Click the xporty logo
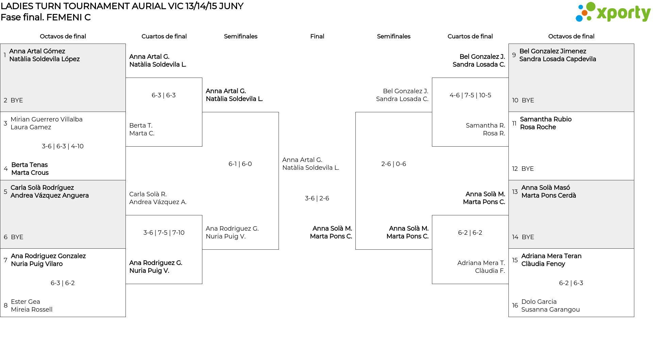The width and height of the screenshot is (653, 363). tap(613, 12)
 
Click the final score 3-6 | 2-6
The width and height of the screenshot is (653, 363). tap(317, 198)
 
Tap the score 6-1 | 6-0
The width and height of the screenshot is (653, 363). tap(240, 164)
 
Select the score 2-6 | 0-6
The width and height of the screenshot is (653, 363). tap(394, 164)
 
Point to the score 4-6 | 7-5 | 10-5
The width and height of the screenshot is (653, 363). tap(470, 95)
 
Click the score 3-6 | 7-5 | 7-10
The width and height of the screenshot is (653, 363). tap(164, 233)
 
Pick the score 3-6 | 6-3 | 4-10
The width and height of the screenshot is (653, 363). tap(63, 146)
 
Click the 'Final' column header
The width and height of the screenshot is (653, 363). tap(317, 36)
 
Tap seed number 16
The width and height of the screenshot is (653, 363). tap(515, 306)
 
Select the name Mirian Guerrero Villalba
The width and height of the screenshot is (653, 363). tap(47, 119)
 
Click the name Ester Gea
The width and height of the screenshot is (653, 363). tap(26, 302)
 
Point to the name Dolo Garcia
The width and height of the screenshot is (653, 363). tap(539, 302)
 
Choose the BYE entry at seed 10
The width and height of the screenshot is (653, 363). tap(528, 100)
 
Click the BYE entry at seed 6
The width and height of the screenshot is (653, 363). tap(17, 237)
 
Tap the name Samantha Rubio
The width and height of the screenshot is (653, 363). tap(546, 119)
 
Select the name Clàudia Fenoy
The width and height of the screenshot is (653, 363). tap(543, 264)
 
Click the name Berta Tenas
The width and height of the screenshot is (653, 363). tap(30, 165)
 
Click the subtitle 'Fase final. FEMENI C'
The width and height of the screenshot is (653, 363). tap(46, 17)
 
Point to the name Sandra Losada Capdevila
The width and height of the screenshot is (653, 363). tap(558, 59)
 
